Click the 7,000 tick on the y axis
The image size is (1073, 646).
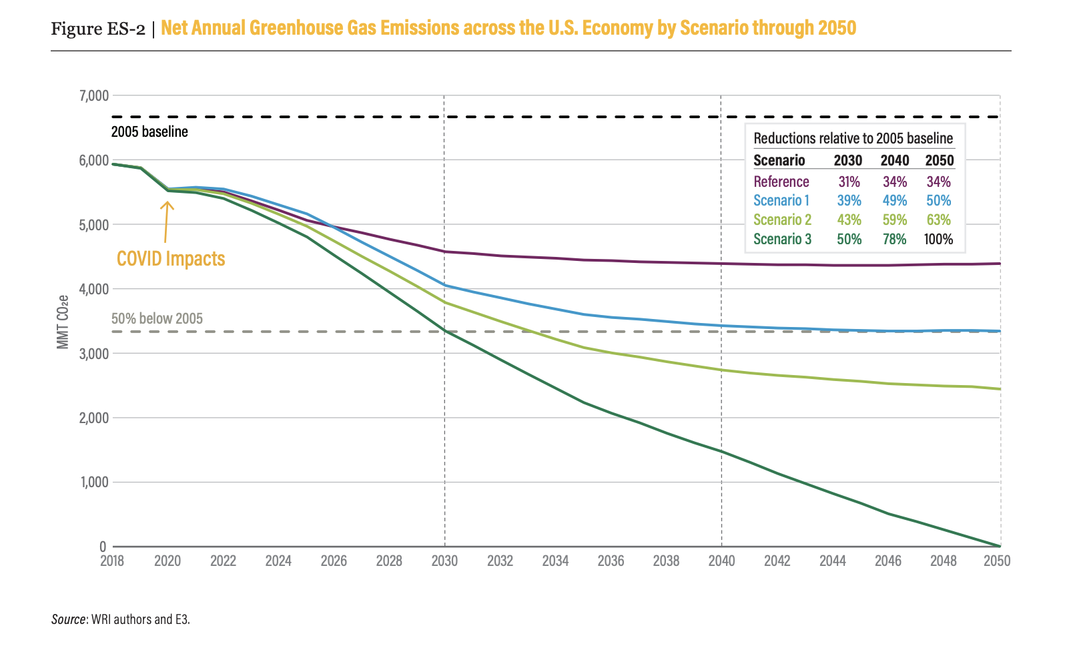coord(93,95)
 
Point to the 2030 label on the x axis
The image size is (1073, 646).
coord(444,561)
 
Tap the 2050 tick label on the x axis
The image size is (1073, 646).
coord(997,561)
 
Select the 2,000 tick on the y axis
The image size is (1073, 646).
coord(93,418)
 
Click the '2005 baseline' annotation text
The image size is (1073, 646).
coord(149,132)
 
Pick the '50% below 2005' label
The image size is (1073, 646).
coord(157,318)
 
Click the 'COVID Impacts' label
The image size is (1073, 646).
coord(171,259)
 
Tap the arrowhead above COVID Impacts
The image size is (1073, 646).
coord(167,204)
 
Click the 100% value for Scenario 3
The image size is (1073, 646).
coord(938,239)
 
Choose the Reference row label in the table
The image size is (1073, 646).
coord(781,182)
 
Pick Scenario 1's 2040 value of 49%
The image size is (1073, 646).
coord(894,201)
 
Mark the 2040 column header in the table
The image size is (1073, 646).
coord(894,160)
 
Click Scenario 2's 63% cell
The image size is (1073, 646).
coord(938,220)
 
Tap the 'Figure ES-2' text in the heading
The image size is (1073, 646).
coord(98,29)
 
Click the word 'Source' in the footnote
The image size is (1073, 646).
coord(68,619)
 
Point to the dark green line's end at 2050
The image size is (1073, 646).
coord(1000,546)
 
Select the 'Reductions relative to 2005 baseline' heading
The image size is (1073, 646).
coord(853,138)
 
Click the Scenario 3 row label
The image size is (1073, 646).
coord(782,239)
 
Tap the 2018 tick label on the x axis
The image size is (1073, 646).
coord(112,561)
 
